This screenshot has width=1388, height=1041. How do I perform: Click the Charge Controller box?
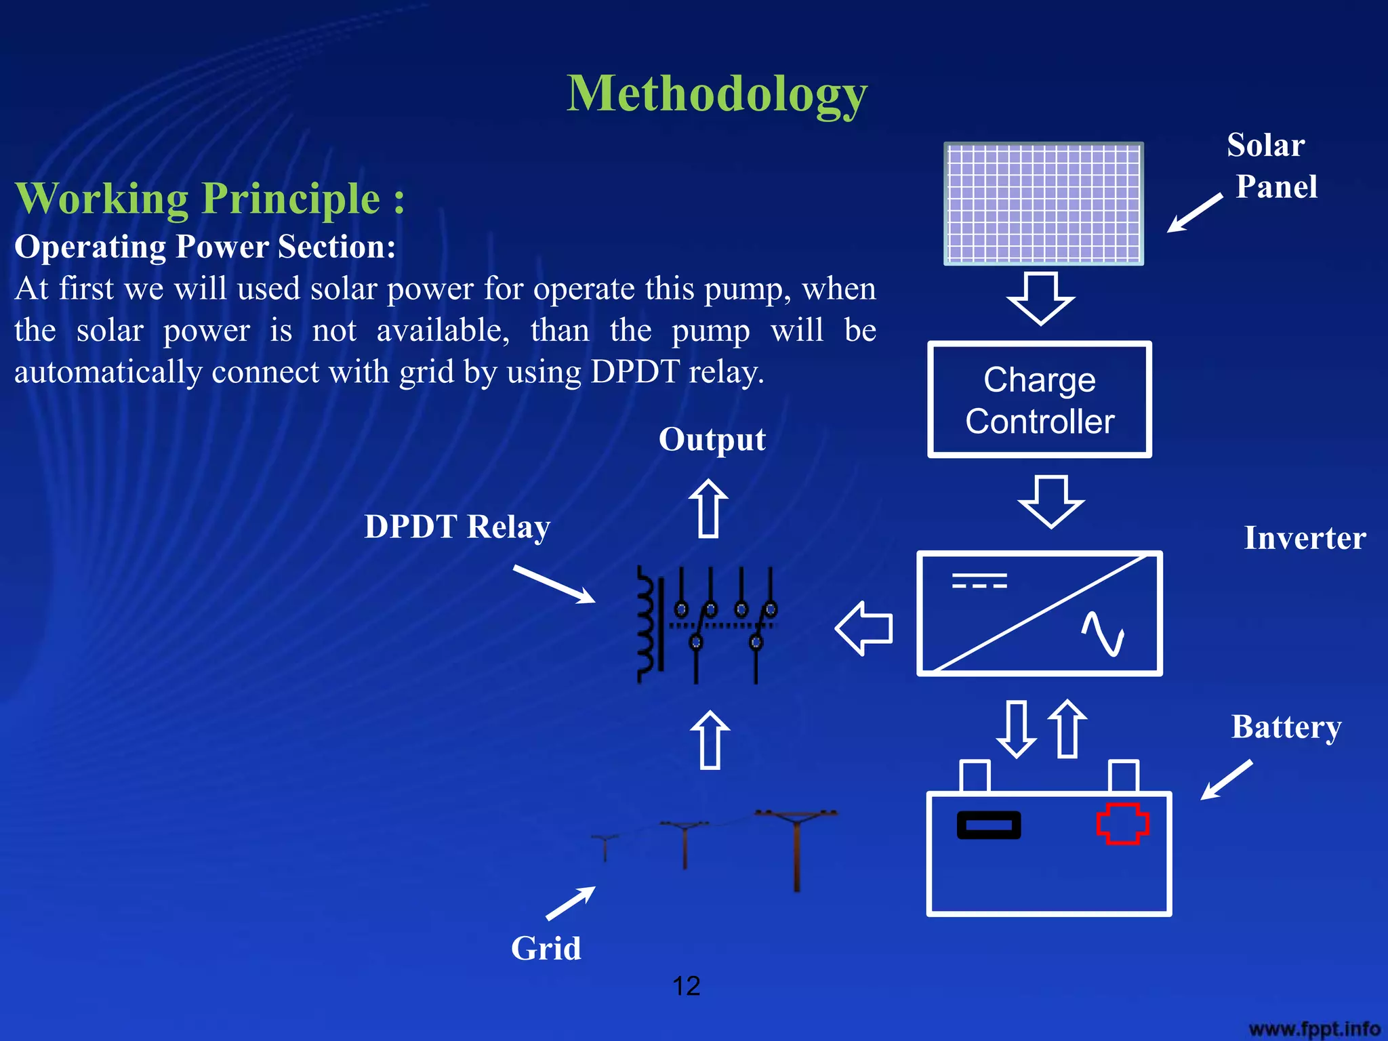[1040, 400]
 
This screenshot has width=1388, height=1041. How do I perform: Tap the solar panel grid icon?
[1044, 203]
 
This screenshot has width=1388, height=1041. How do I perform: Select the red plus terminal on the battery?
[1122, 823]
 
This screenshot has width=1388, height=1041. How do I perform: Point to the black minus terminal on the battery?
[989, 825]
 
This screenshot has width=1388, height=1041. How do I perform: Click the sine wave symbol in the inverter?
[1103, 634]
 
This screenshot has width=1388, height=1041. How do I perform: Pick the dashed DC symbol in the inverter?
[979, 581]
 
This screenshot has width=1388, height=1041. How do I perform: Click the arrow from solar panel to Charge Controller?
[1040, 298]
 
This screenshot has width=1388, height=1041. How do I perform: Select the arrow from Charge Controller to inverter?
[1051, 502]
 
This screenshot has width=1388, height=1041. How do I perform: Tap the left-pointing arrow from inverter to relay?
[864, 628]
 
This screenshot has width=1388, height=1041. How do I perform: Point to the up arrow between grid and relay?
[710, 739]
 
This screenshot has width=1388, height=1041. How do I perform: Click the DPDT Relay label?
[457, 527]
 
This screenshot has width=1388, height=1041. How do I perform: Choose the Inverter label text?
[1305, 538]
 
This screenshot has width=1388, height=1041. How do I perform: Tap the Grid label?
[546, 947]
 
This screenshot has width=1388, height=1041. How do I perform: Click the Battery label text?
[1286, 727]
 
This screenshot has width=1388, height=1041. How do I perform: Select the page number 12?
[686, 986]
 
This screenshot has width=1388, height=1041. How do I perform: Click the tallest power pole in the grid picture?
[796, 851]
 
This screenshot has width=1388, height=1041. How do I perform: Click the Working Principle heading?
[210, 199]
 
